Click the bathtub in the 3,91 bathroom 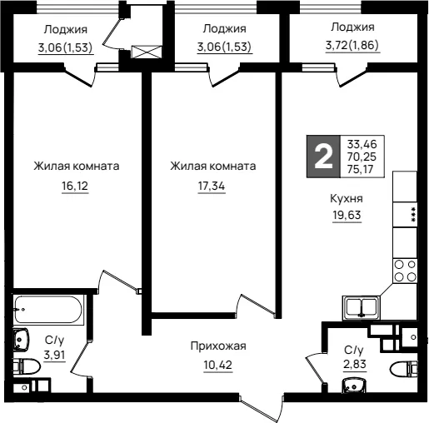[x=48, y=309]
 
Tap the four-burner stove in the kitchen [x=405, y=271]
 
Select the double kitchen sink [x=361, y=307]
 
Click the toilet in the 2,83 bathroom [x=404, y=369]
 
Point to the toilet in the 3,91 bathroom [x=27, y=366]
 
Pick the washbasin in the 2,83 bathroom [x=353, y=386]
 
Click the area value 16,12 [x=75, y=186]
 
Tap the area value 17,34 [x=212, y=186]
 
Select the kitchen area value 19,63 [x=347, y=215]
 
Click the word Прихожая [x=218, y=346]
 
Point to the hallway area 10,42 [x=218, y=365]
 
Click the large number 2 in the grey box [x=323, y=157]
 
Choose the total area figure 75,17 [x=360, y=169]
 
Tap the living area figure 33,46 [x=362, y=144]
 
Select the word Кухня [x=347, y=199]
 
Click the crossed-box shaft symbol [x=147, y=52]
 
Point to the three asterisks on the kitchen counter [x=413, y=214]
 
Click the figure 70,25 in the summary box [x=362, y=157]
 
